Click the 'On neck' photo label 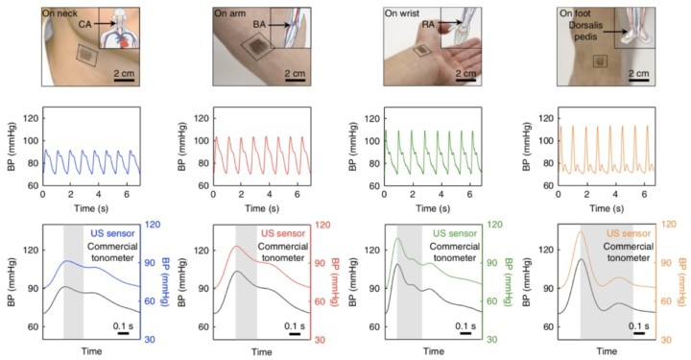pos(64,11)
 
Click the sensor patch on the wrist pos(421,52)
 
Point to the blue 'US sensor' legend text pos(116,233)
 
